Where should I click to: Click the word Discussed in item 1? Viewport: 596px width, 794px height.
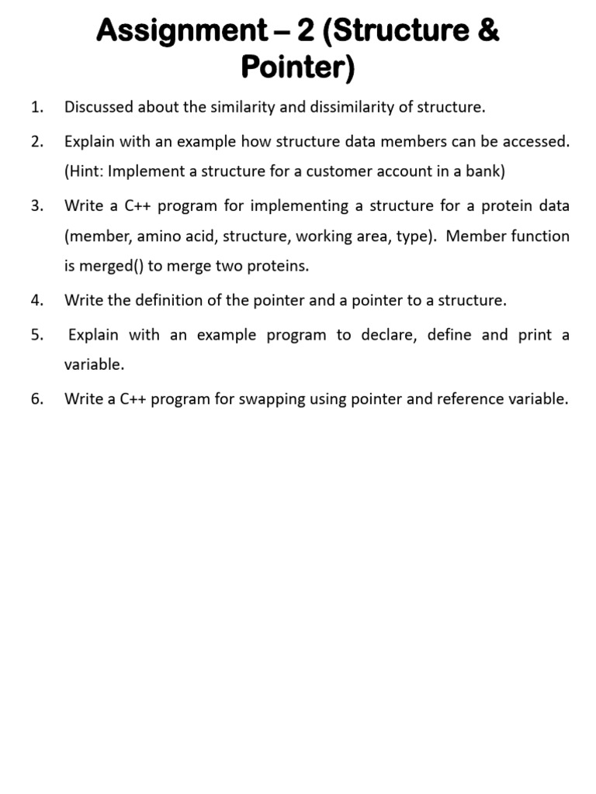point(99,107)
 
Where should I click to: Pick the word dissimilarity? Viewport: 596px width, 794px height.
point(352,107)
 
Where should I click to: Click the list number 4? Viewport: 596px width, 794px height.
point(36,300)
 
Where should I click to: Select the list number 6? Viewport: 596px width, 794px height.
point(36,399)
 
